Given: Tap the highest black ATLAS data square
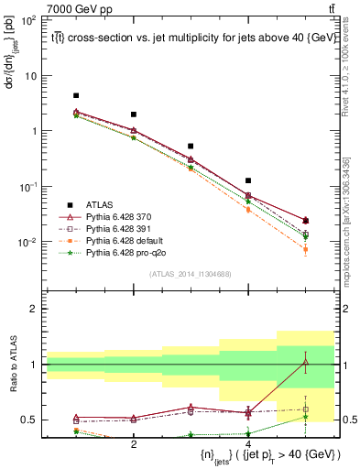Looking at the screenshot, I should click(x=76, y=95).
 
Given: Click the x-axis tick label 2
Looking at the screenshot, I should click(x=134, y=444).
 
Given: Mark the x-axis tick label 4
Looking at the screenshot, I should click(x=248, y=444).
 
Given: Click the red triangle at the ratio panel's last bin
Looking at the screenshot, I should click(x=306, y=362).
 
